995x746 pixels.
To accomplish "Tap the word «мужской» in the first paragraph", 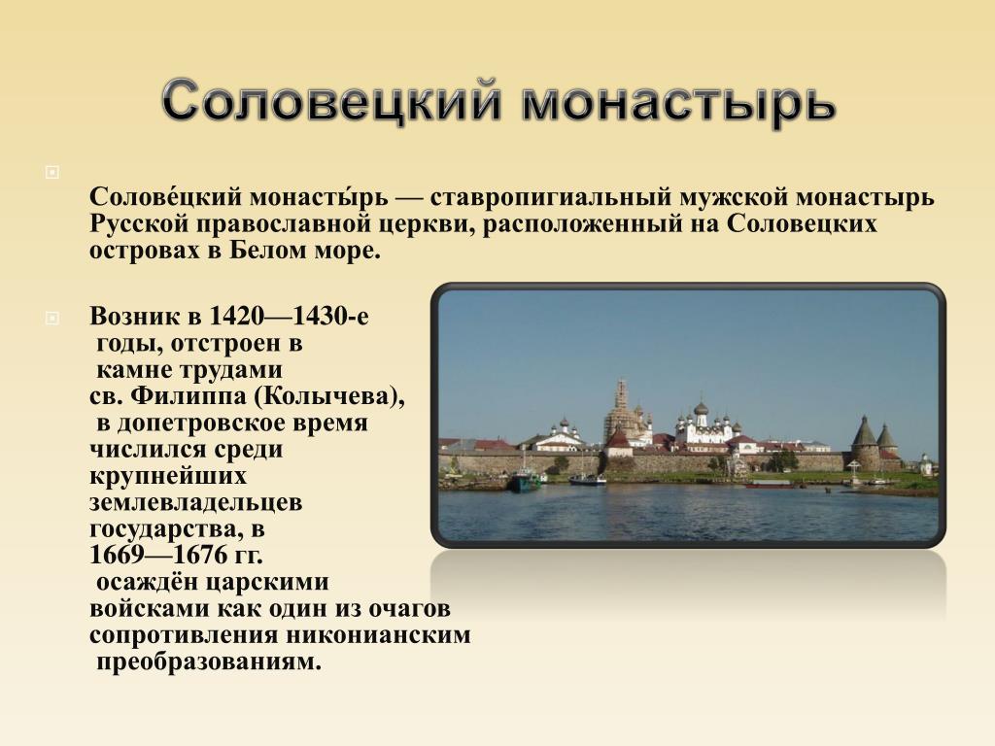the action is (x=734, y=198).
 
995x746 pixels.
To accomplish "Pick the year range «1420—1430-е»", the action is (x=289, y=316).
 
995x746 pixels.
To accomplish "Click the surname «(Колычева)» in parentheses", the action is (x=329, y=396).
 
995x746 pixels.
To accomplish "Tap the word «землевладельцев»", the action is (x=195, y=502).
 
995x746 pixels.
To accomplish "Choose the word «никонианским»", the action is (x=378, y=635).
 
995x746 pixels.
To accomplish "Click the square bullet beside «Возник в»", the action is (x=52, y=318).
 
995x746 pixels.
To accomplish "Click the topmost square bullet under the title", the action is (x=52, y=172).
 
